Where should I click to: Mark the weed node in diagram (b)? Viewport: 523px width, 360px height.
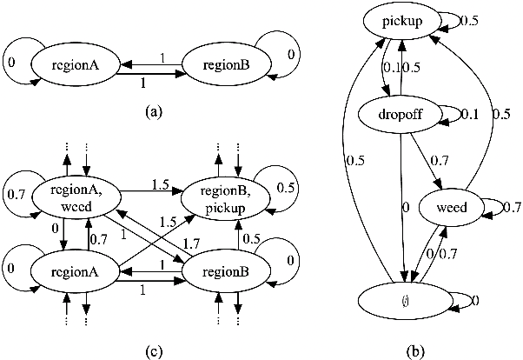(x=448, y=206)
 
